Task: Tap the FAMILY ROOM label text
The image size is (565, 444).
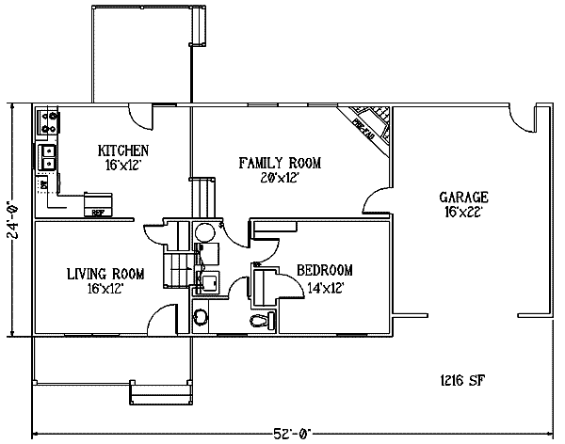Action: pos(280,163)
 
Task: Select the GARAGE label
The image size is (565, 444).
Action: pos(463,198)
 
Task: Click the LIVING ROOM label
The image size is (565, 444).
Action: pos(105,274)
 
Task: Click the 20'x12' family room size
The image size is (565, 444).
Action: pos(280,177)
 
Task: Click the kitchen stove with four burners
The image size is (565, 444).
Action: pos(48,121)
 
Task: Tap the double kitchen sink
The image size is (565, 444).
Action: pos(46,157)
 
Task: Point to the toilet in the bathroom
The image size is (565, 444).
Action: pos(261,322)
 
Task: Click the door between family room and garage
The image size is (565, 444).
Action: pos(377,198)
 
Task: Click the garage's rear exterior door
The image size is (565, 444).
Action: pos(519,119)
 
